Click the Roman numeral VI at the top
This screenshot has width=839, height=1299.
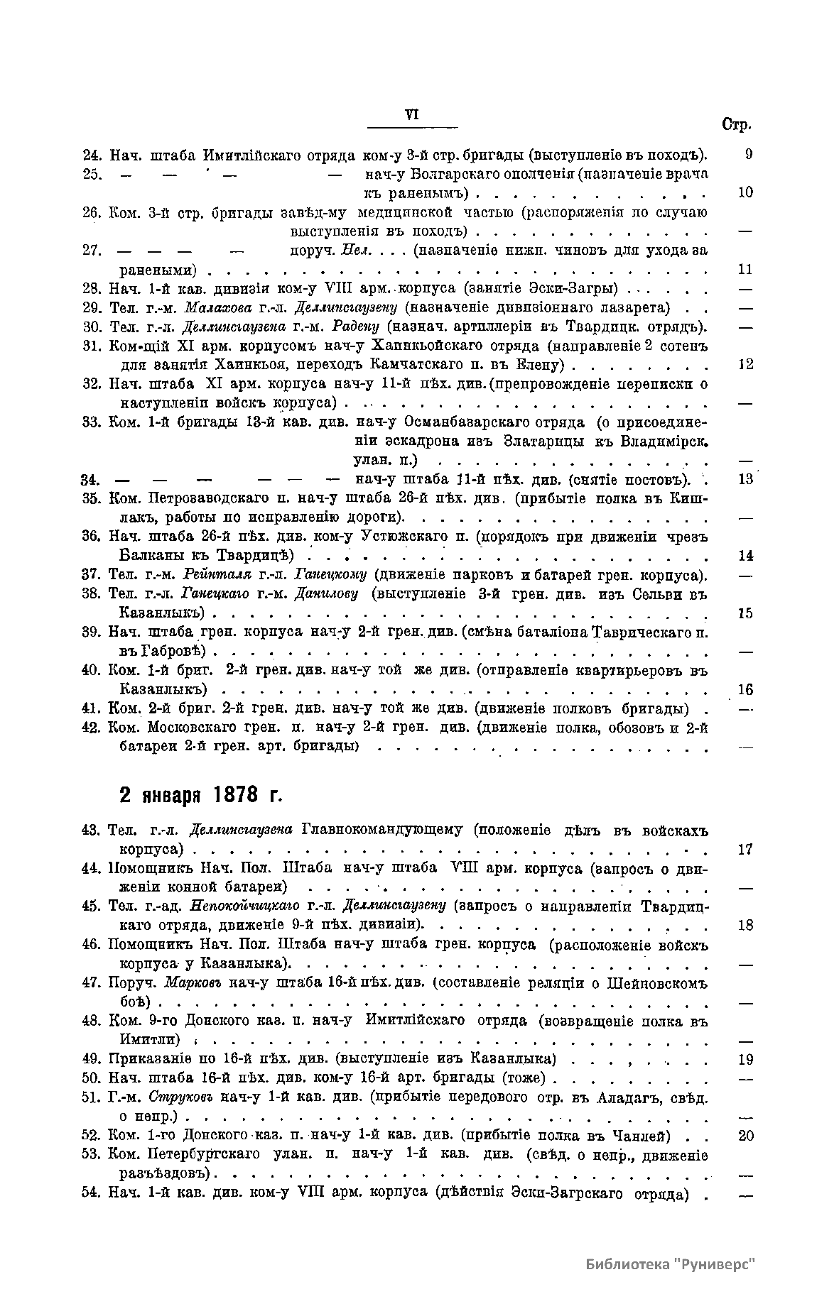(x=411, y=116)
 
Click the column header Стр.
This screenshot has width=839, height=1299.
(x=736, y=125)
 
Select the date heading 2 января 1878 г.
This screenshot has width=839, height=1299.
(x=201, y=795)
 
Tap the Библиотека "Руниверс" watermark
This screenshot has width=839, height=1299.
(x=670, y=1264)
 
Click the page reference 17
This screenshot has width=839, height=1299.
(x=745, y=849)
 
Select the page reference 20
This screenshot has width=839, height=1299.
(x=745, y=1136)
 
